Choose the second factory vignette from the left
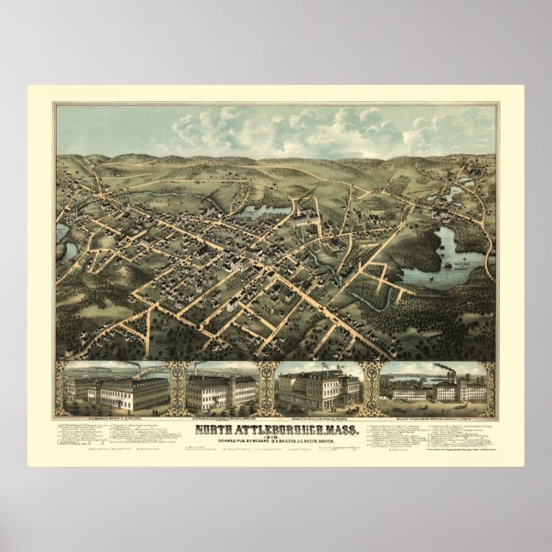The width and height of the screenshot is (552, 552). coord(221,388)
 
